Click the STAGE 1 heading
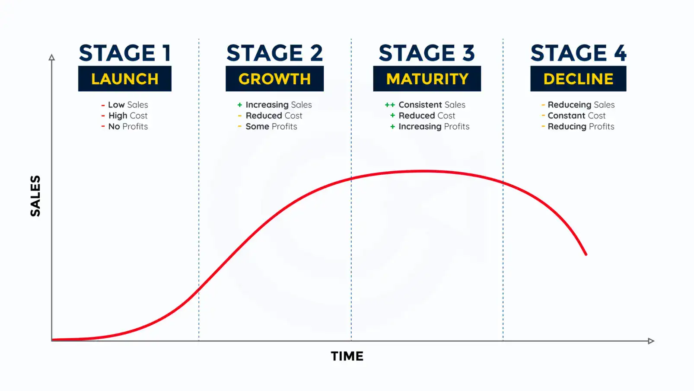point(124,53)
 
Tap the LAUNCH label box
point(124,79)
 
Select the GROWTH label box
point(274,79)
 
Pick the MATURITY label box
point(427,79)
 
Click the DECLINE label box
point(578,79)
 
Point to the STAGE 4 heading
point(578,53)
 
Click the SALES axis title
point(35,196)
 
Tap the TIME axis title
point(347,356)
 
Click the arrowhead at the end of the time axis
point(651,341)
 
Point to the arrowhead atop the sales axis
point(52,58)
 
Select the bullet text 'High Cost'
point(128,116)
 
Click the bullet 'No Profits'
point(128,127)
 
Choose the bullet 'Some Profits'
point(271,127)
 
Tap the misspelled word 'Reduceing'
point(569,105)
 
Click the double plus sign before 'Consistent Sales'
point(390,105)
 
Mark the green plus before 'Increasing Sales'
point(240,105)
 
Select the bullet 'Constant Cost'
point(576,116)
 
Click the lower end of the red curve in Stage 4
point(586,254)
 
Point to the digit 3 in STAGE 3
point(468,53)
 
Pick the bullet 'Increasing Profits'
point(434,127)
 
